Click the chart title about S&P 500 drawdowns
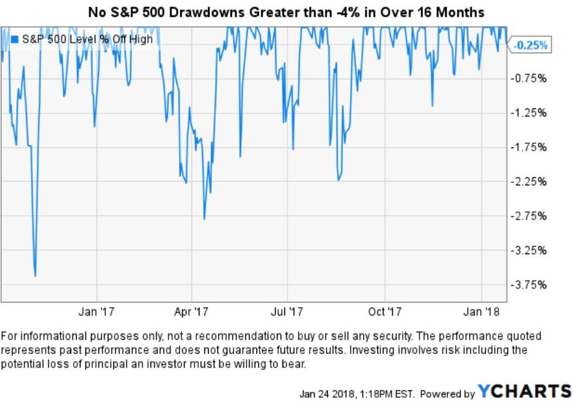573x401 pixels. pyautogui.click(x=286, y=11)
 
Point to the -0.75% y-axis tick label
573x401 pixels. pyautogui.click(x=530, y=78)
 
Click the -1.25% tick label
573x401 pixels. pyautogui.click(x=530, y=113)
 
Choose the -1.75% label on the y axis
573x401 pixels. pyautogui.click(x=530, y=148)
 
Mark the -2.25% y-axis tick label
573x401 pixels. pyautogui.click(x=530, y=182)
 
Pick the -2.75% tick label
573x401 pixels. pyautogui.click(x=530, y=216)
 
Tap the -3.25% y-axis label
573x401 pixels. pyautogui.click(x=530, y=251)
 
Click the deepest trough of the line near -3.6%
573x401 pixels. pyautogui.click(x=35, y=276)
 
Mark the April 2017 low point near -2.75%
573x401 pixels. pyautogui.click(x=204, y=219)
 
